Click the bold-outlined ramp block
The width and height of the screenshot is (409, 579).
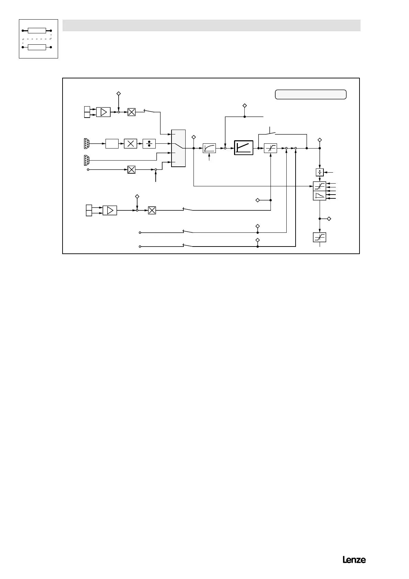[243, 148]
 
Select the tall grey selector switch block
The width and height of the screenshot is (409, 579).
[178, 148]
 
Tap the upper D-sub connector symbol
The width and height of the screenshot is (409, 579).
[87, 143]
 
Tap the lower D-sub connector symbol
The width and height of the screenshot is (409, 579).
[87, 160]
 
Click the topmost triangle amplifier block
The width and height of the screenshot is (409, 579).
[103, 112]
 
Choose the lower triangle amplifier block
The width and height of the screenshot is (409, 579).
[110, 210]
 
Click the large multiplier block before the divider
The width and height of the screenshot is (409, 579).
[130, 144]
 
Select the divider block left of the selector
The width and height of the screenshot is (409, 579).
[149, 144]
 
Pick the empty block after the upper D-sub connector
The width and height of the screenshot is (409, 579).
[112, 144]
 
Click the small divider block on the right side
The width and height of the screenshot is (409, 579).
[320, 172]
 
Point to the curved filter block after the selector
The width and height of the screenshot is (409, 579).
[209, 148]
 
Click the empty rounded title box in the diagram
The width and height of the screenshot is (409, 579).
[310, 94]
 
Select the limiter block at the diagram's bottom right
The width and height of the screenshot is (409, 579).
[319, 238]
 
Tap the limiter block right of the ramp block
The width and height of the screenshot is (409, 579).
[270, 148]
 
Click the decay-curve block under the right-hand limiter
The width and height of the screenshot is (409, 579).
[320, 196]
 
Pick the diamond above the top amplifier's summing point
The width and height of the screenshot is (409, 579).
[118, 93]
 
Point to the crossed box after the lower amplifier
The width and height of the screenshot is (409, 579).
[152, 210]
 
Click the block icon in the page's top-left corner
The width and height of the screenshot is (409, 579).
[38, 39]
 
